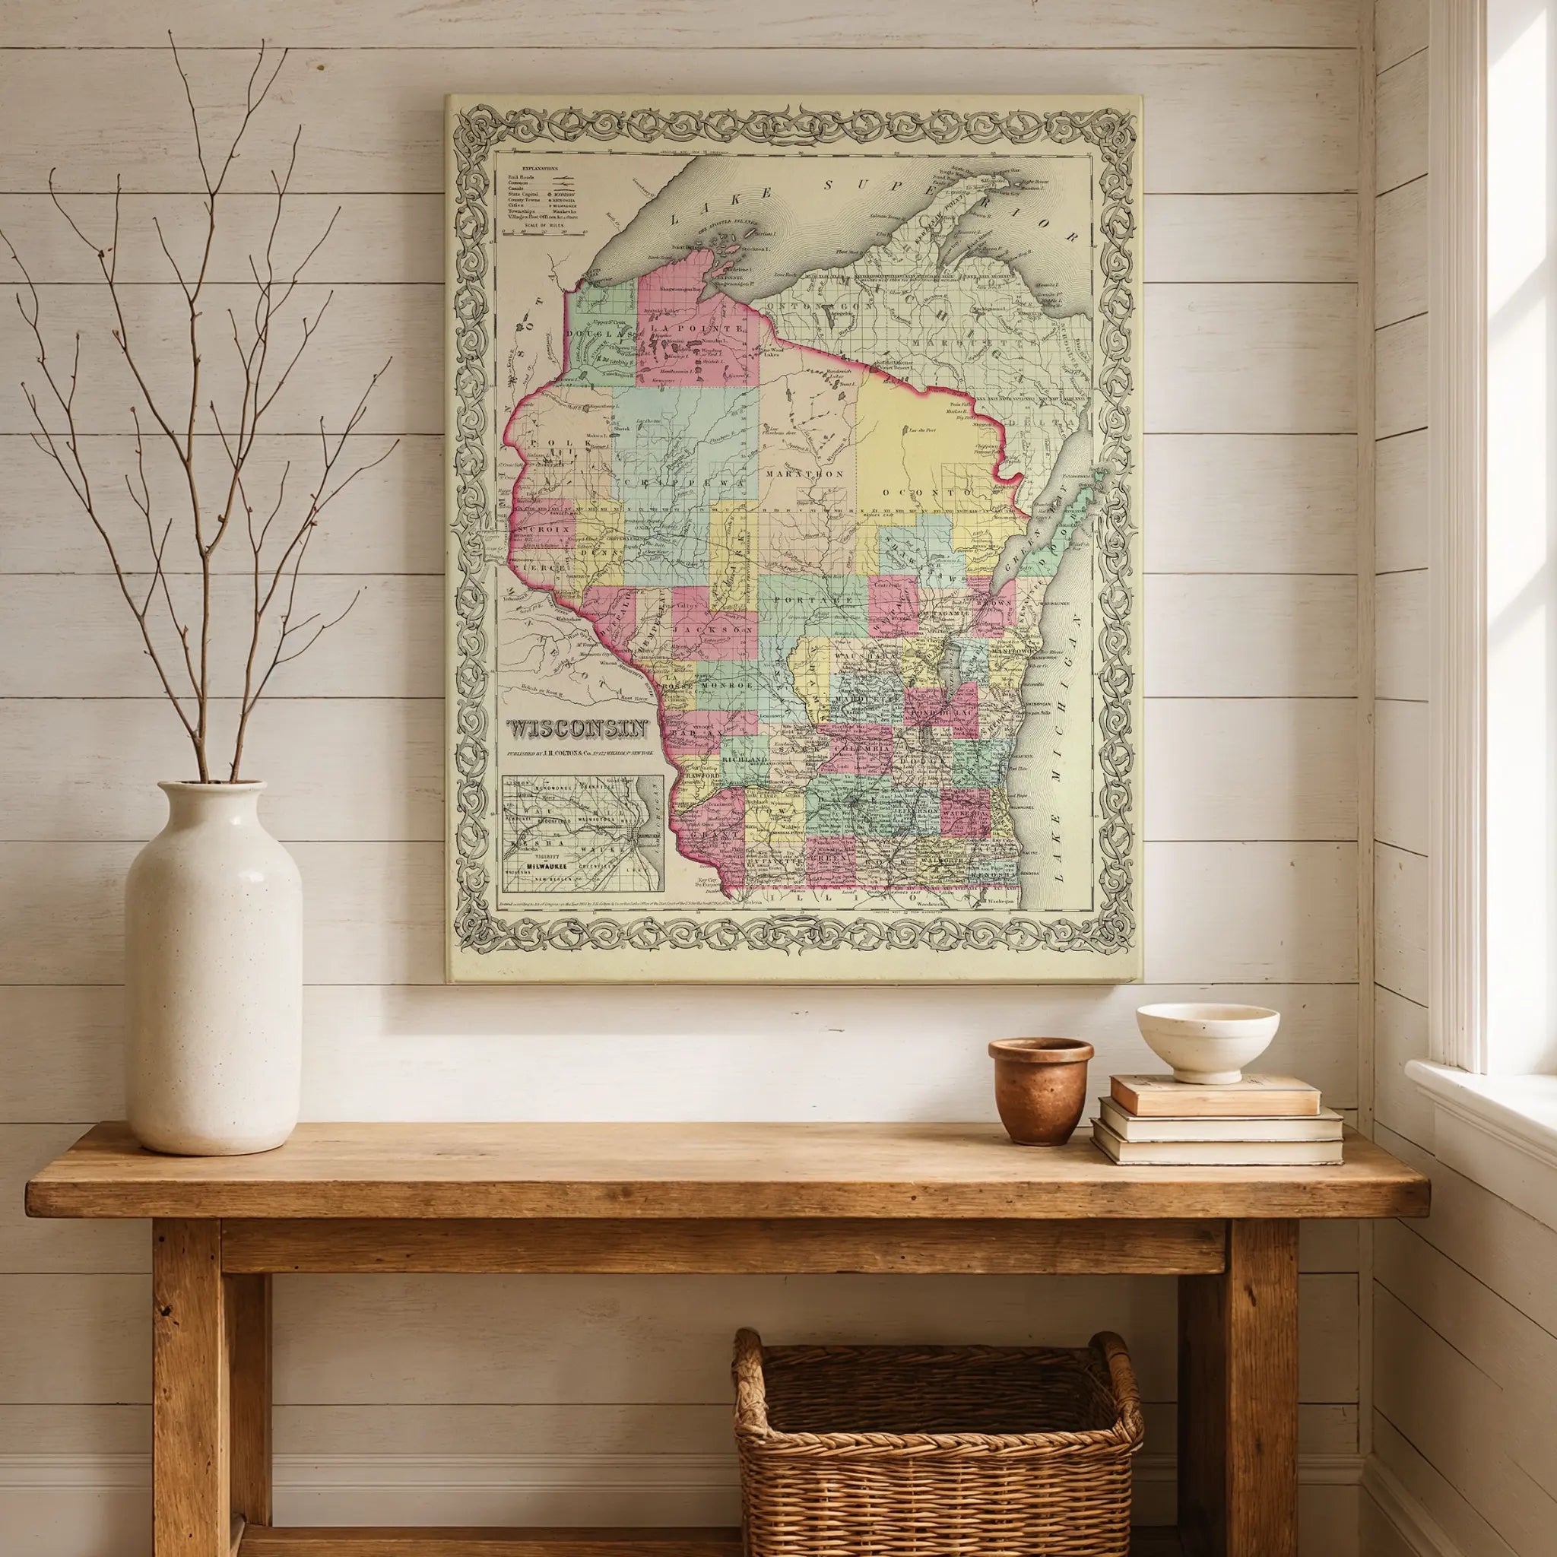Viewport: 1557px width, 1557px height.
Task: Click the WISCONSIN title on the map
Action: (577, 728)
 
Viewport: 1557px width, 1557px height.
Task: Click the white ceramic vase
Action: (213, 966)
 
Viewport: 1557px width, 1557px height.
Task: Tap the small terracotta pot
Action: (1041, 1090)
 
